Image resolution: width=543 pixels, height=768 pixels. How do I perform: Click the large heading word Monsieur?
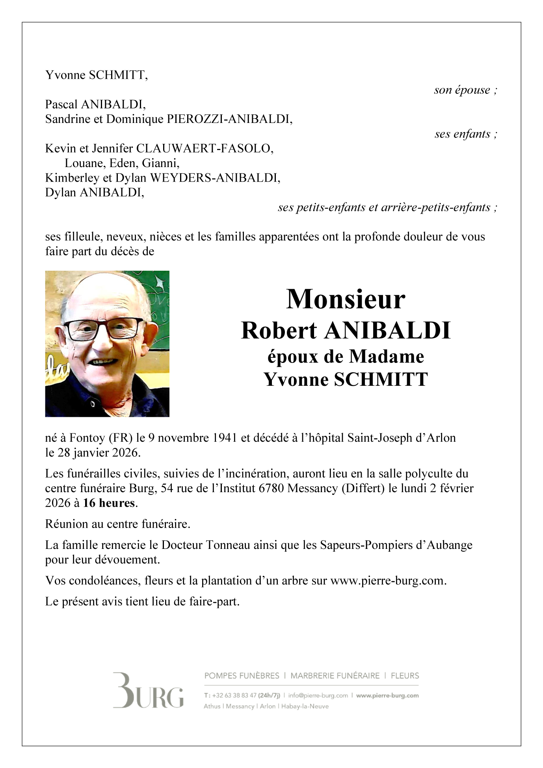coord(345,299)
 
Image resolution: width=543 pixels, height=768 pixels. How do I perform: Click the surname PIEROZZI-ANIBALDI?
coord(229,119)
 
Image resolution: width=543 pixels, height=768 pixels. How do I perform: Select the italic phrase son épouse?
coord(462,90)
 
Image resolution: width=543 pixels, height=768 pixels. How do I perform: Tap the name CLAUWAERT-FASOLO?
coord(204,149)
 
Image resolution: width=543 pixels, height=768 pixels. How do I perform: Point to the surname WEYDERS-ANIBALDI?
coord(215,178)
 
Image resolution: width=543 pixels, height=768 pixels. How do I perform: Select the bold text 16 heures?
coord(109,503)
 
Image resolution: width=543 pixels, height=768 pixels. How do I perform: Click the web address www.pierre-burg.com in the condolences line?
coord(387,581)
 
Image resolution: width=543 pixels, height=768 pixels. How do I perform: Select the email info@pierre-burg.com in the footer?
coord(318,695)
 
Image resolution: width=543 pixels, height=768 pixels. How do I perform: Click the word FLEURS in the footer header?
coord(405,676)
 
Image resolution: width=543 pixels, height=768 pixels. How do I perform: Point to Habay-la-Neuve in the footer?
coord(305,706)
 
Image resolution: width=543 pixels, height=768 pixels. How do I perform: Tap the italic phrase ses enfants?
coord(463,134)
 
